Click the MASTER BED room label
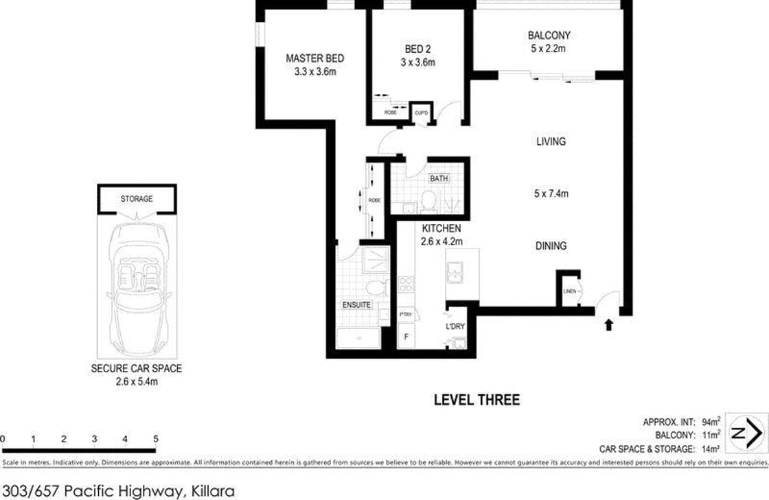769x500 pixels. (314, 59)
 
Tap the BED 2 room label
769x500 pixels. (417, 49)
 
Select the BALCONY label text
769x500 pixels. (549, 36)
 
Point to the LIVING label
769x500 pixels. (551, 141)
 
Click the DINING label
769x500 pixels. (551, 246)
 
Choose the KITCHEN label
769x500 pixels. (441, 229)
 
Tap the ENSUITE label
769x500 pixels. (356, 304)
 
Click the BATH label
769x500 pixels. (439, 179)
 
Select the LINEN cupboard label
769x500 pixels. (570, 292)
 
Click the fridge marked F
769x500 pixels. (405, 337)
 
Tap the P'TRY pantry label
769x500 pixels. (405, 315)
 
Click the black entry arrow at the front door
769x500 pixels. (608, 324)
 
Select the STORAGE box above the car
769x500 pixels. (137, 199)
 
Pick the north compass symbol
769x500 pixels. (746, 433)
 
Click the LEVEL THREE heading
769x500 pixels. (477, 400)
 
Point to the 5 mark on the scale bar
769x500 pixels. (156, 440)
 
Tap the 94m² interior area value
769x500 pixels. (711, 422)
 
